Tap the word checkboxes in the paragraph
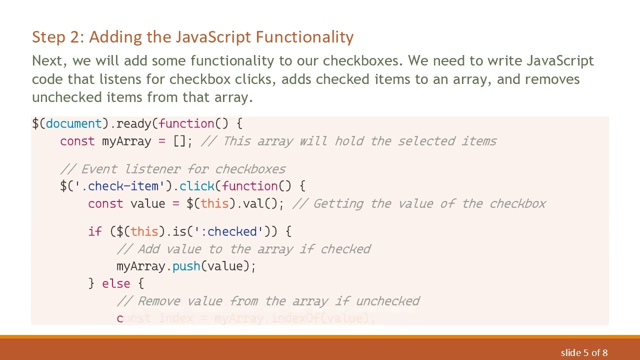click(x=361, y=61)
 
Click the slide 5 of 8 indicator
click(x=584, y=353)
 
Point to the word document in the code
click(x=73, y=124)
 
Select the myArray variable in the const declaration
click(x=126, y=141)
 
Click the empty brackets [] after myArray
click(x=179, y=141)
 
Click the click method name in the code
click(x=196, y=186)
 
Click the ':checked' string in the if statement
click(x=228, y=232)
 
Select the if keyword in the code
click(x=94, y=232)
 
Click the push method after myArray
click(x=186, y=266)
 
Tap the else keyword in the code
click(x=115, y=284)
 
